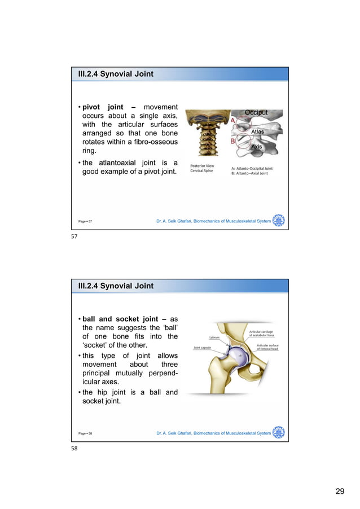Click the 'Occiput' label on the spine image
(x=256, y=113)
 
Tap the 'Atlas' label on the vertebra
(x=257, y=131)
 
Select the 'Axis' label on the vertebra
(x=257, y=147)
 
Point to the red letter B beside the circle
(x=232, y=142)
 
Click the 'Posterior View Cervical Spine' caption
(x=201, y=168)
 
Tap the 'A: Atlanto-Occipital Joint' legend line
(x=252, y=168)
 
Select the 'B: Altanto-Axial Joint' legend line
(x=249, y=173)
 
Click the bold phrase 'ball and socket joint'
(x=116, y=319)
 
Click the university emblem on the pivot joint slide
(x=278, y=221)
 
